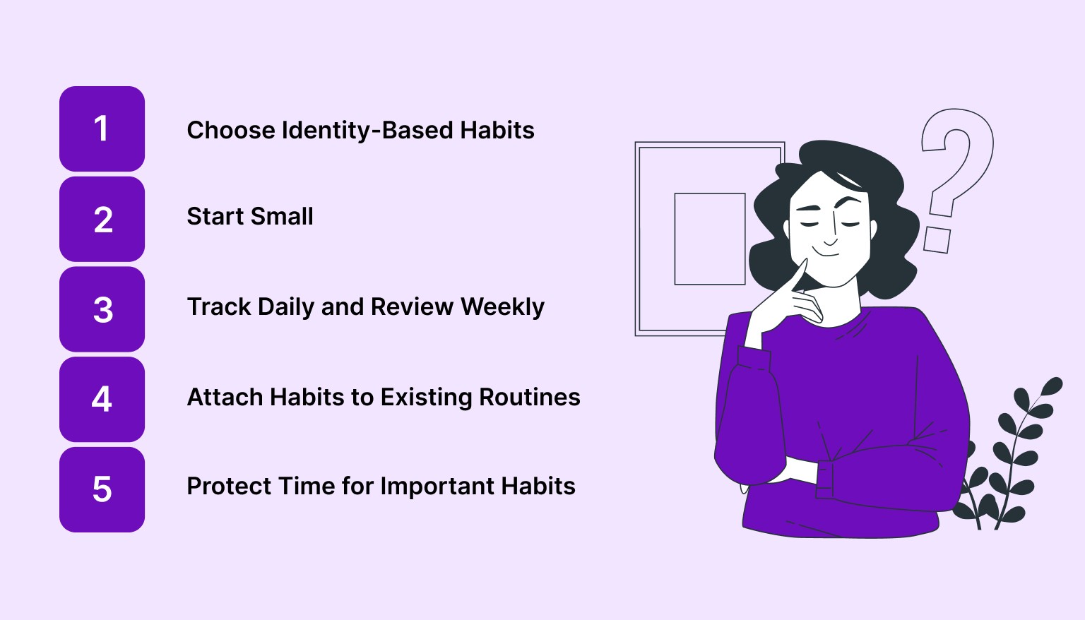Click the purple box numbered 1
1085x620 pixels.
pyautogui.click(x=102, y=129)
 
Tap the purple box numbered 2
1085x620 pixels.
pyautogui.click(x=102, y=219)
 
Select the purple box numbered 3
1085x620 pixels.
pyautogui.click(x=102, y=309)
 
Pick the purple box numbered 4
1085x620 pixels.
pyautogui.click(x=102, y=399)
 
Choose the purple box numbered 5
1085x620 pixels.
pyautogui.click(x=102, y=489)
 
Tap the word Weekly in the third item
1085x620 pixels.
pyautogui.click(x=502, y=307)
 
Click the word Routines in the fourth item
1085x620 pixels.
pyautogui.click(x=530, y=398)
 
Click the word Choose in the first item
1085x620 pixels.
pyautogui.click(x=231, y=131)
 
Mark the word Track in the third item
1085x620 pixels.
pyautogui.click(x=219, y=307)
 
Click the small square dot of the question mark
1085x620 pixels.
pyautogui.click(x=937, y=239)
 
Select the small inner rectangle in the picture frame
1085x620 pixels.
pyautogui.click(x=710, y=239)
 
